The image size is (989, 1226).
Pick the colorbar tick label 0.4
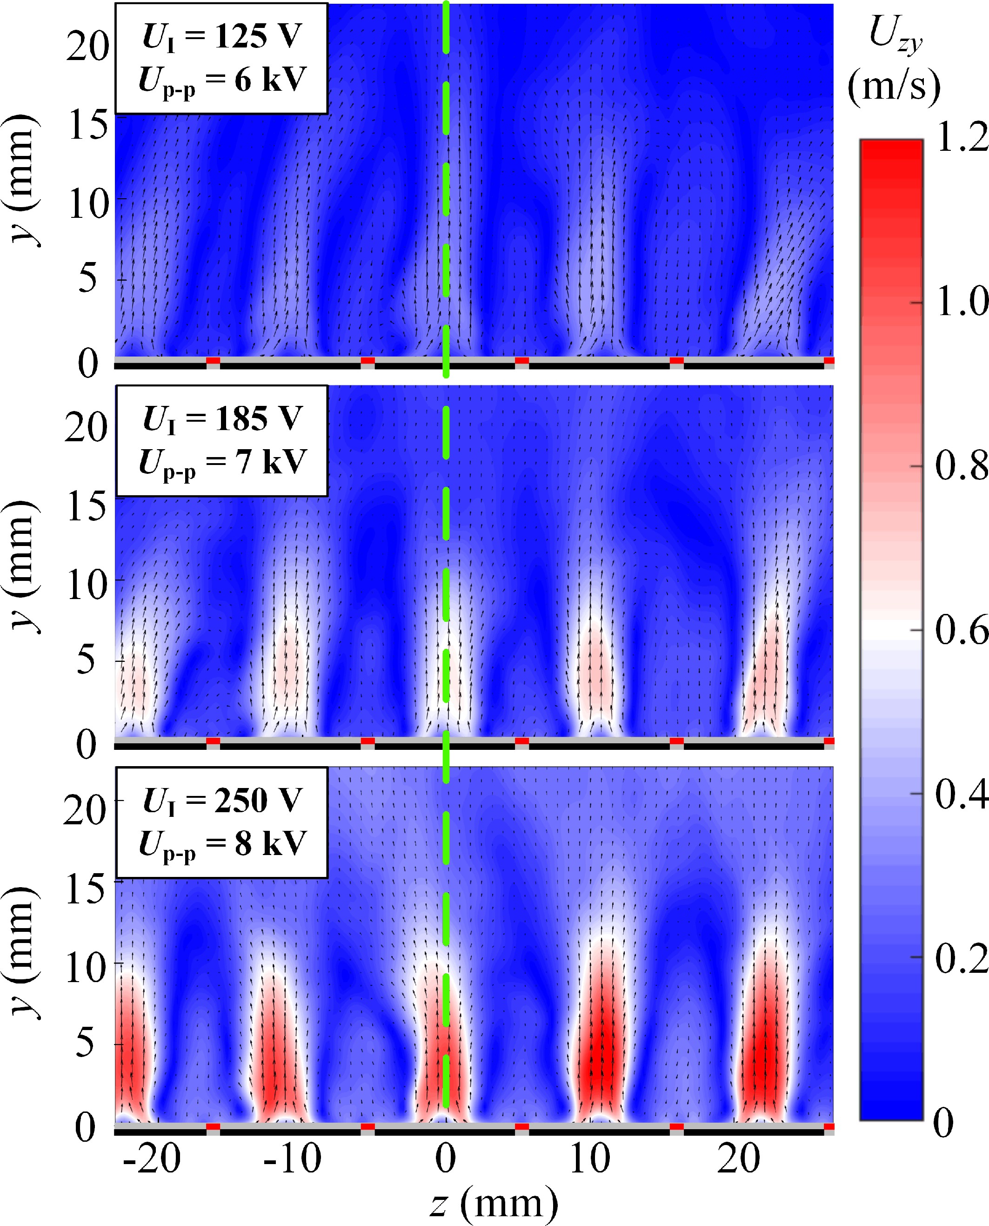pos(962,794)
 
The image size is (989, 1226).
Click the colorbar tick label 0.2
pos(962,957)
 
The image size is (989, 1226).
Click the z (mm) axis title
pos(494,1203)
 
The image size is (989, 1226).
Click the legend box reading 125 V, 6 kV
pos(221,58)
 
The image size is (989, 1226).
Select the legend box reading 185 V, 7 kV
pos(221,441)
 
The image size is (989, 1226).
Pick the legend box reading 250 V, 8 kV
pos(221,822)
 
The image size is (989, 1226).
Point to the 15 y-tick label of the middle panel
pos(87,506)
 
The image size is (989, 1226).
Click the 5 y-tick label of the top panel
pos(88,279)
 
